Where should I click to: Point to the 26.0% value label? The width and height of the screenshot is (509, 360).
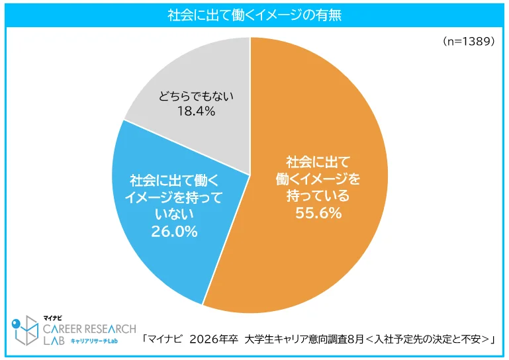pyautogui.click(x=175, y=232)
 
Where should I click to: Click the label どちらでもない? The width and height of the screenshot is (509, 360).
pyautogui.click(x=196, y=96)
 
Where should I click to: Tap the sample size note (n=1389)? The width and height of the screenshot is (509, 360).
pyautogui.click(x=468, y=41)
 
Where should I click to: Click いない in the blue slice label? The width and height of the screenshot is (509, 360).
pyautogui.click(x=175, y=214)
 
